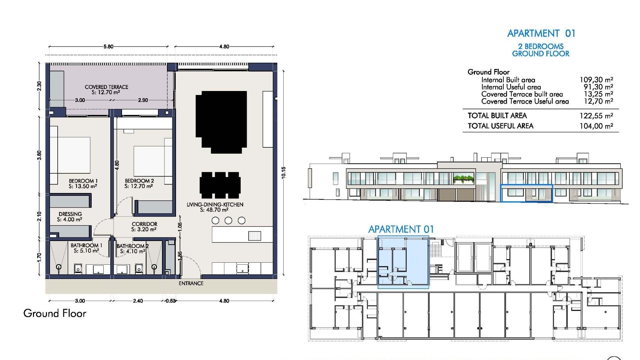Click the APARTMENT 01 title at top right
pyautogui.click(x=541, y=33)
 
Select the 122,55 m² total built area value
pyautogui.click(x=596, y=116)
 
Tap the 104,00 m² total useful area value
pyautogui.click(x=596, y=126)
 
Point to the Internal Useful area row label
pyautogui.click(x=511, y=87)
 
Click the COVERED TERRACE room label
pyautogui.click(x=106, y=87)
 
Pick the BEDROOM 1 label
pyautogui.click(x=83, y=181)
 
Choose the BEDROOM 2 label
pyautogui.click(x=139, y=181)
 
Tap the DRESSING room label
pyautogui.click(x=70, y=214)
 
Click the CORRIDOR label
pyautogui.click(x=144, y=224)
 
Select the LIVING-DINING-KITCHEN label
pyautogui.click(x=215, y=205)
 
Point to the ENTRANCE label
pyautogui.click(x=191, y=283)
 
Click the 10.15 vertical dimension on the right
pyautogui.click(x=283, y=173)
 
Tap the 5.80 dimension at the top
pyautogui.click(x=108, y=47)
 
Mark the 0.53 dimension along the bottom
pyautogui.click(x=170, y=301)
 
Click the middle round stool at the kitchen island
pyautogui.click(x=228, y=220)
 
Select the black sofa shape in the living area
pyautogui.click(x=221, y=122)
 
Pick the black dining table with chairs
pyautogui.click(x=220, y=185)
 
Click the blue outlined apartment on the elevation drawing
pyautogui.click(x=526, y=193)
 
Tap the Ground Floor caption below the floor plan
pyautogui.click(x=55, y=313)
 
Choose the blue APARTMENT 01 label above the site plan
pyautogui.click(x=401, y=229)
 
